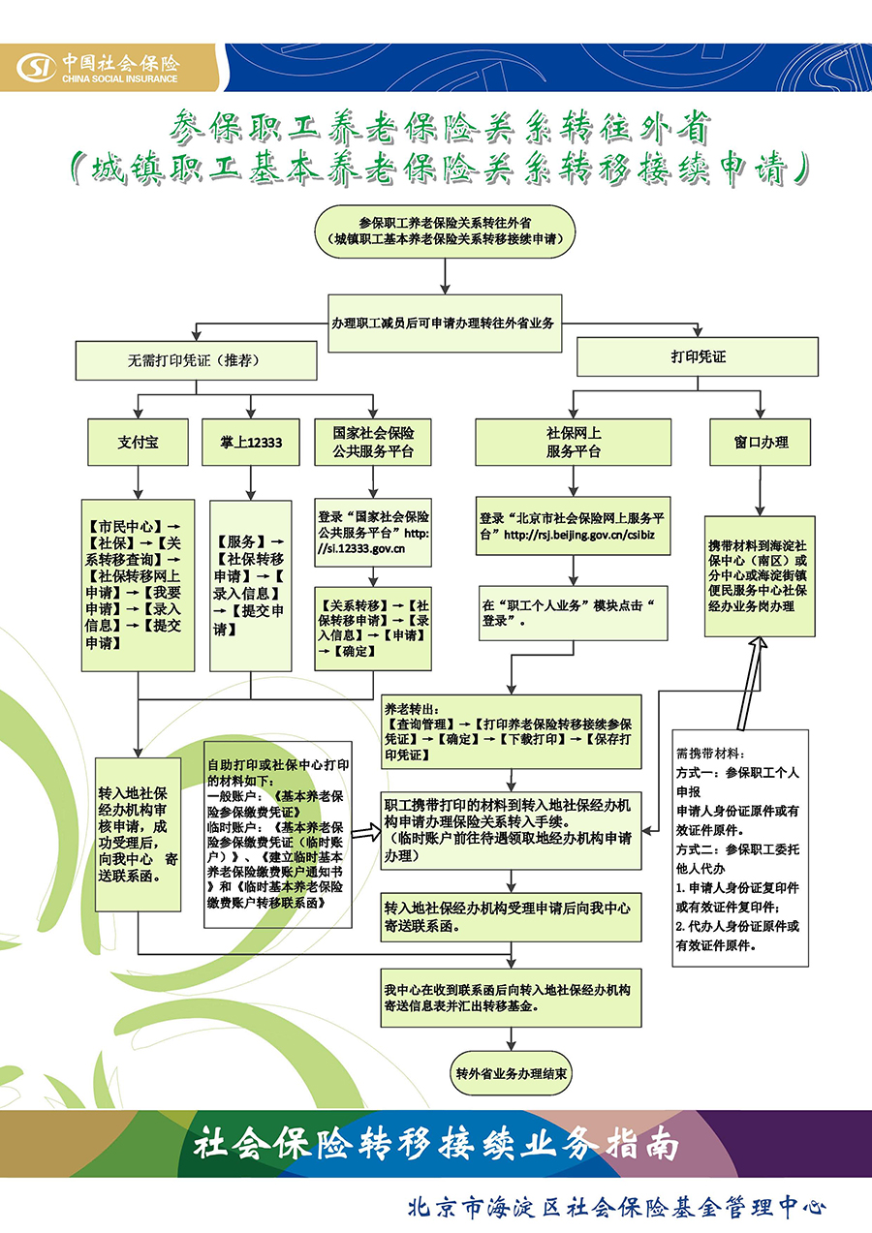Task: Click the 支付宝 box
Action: pos(139,442)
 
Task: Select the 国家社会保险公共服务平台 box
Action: pos(373,442)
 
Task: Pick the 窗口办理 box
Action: pos(761,442)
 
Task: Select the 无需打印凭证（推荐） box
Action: pos(196,360)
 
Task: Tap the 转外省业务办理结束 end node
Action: pos(513,1074)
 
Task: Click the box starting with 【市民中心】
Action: pos(138,585)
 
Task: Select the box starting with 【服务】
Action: pos(250,585)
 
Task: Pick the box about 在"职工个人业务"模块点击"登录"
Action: pos(574,612)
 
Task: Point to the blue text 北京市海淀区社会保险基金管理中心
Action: pos(617,1207)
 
